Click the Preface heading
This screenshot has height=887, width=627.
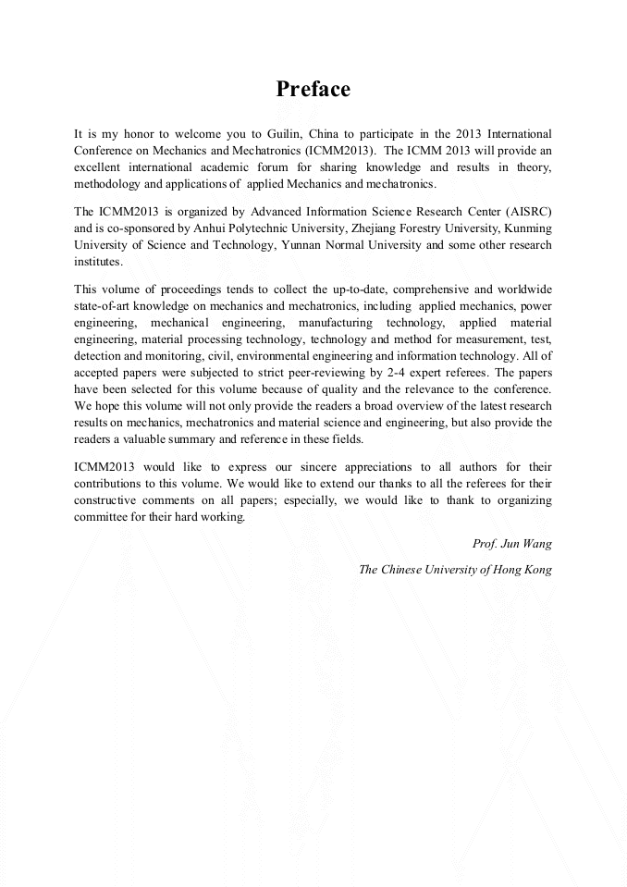point(313,90)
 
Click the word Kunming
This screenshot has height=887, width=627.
point(527,228)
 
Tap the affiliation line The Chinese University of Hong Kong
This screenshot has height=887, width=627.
point(455,570)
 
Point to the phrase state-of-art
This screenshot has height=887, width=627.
point(104,306)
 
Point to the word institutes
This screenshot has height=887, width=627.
point(97,262)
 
